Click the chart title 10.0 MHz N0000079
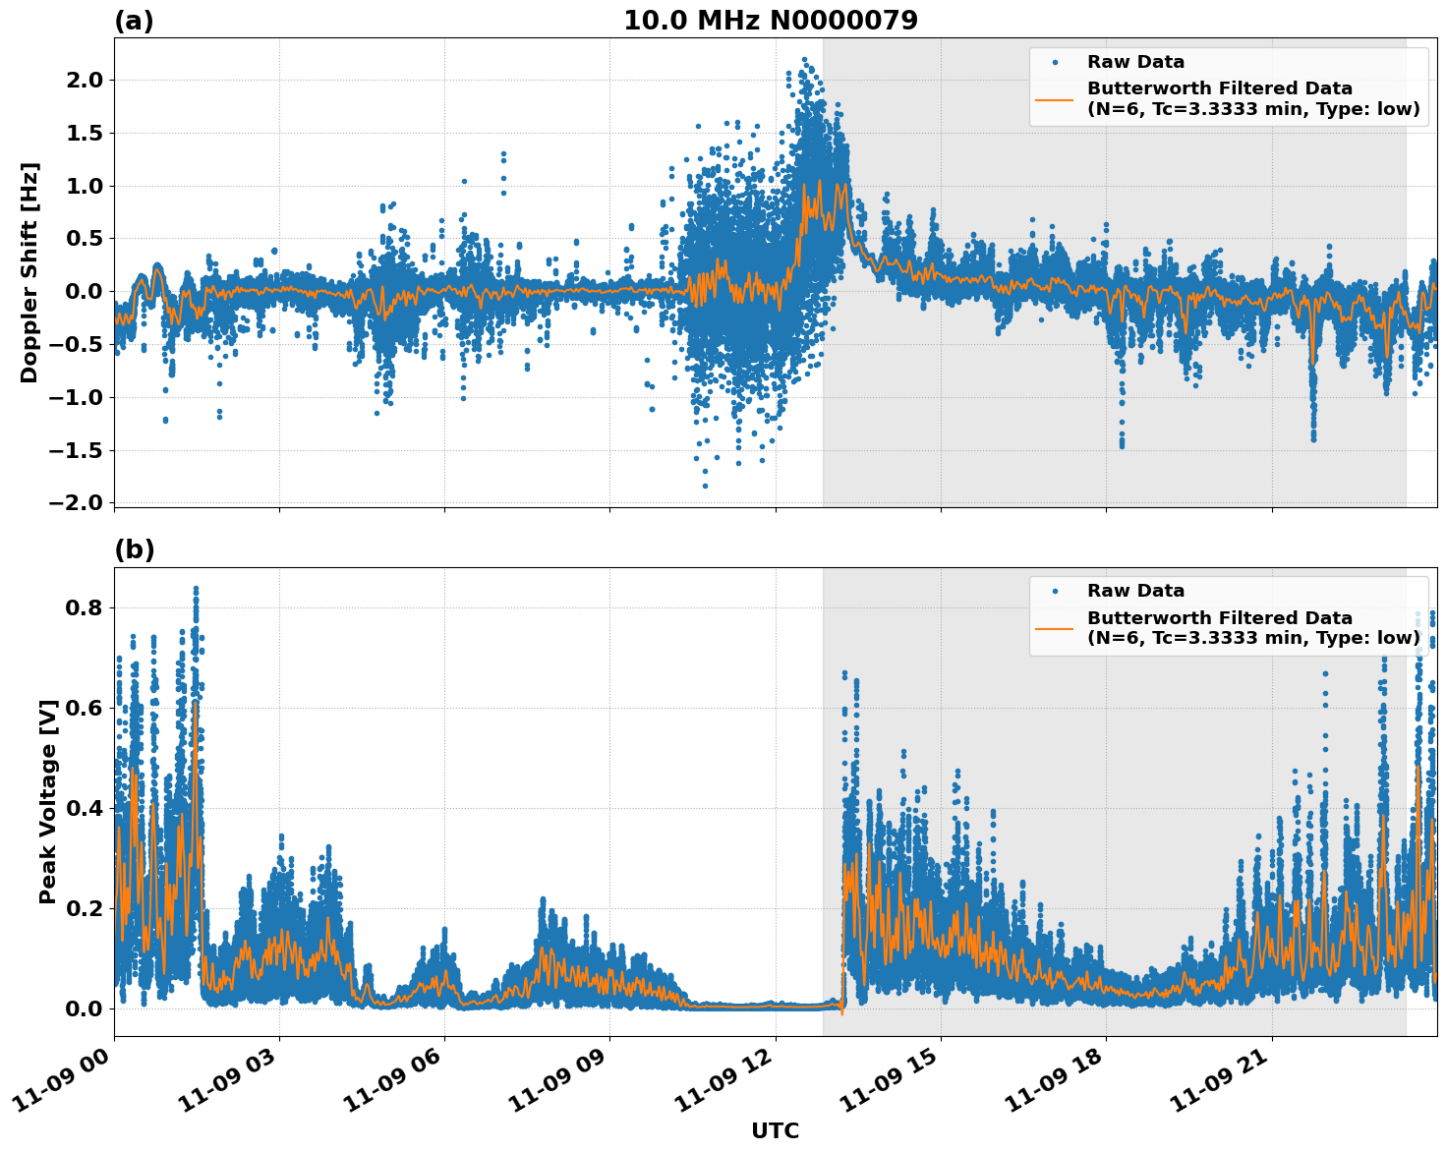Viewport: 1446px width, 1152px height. point(770,21)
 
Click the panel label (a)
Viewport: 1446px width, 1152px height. point(134,21)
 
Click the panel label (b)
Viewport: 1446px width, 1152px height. point(134,549)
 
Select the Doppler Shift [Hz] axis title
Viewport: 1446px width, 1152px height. point(29,272)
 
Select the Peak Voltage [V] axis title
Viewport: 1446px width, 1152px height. point(48,801)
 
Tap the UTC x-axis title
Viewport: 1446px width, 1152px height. point(775,1130)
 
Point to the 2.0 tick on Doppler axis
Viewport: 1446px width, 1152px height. point(82,80)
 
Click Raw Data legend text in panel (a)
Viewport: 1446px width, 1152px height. point(1135,62)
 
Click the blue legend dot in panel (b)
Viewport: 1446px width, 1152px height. point(1055,591)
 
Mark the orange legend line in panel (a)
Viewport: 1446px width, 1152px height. point(1055,98)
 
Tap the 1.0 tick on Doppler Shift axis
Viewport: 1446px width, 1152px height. point(82,186)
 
